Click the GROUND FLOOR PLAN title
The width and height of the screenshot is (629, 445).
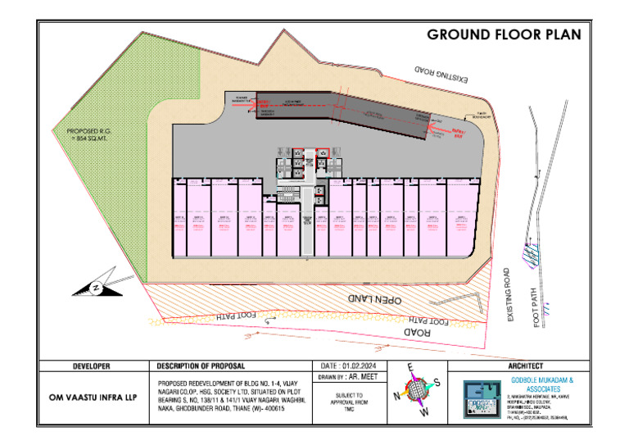(504, 34)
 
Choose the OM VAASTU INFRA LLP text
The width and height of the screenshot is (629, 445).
(92, 395)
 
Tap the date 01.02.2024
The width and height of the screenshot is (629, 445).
(354, 366)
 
